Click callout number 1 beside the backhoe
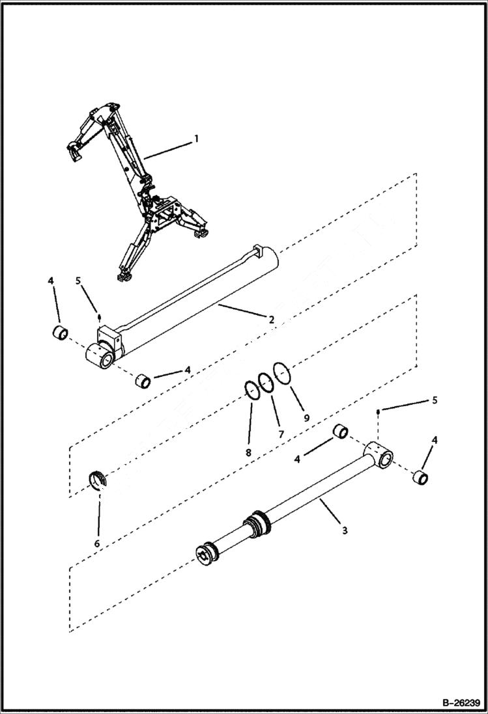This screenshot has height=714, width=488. [x=195, y=139]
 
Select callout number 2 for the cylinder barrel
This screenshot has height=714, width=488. [x=270, y=319]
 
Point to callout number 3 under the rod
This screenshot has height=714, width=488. [x=345, y=530]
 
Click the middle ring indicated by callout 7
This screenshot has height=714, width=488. [x=265, y=382]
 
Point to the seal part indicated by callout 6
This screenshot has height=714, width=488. [x=97, y=480]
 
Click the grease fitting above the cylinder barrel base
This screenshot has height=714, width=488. [x=98, y=318]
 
